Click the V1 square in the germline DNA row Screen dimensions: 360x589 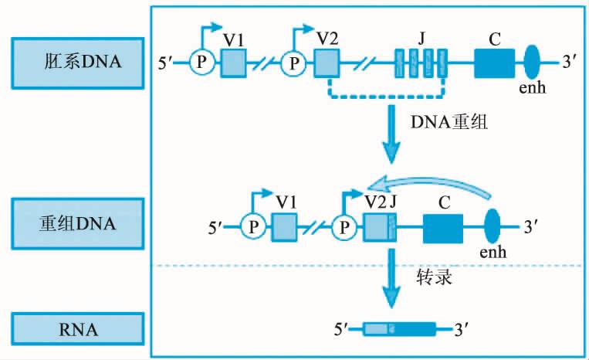(x=233, y=63)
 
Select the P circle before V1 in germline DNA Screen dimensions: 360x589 (x=201, y=63)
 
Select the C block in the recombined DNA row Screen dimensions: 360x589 (x=442, y=227)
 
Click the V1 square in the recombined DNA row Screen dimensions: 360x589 (x=285, y=227)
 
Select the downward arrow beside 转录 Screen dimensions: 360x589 (x=394, y=282)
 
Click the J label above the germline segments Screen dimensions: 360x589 (x=421, y=36)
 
